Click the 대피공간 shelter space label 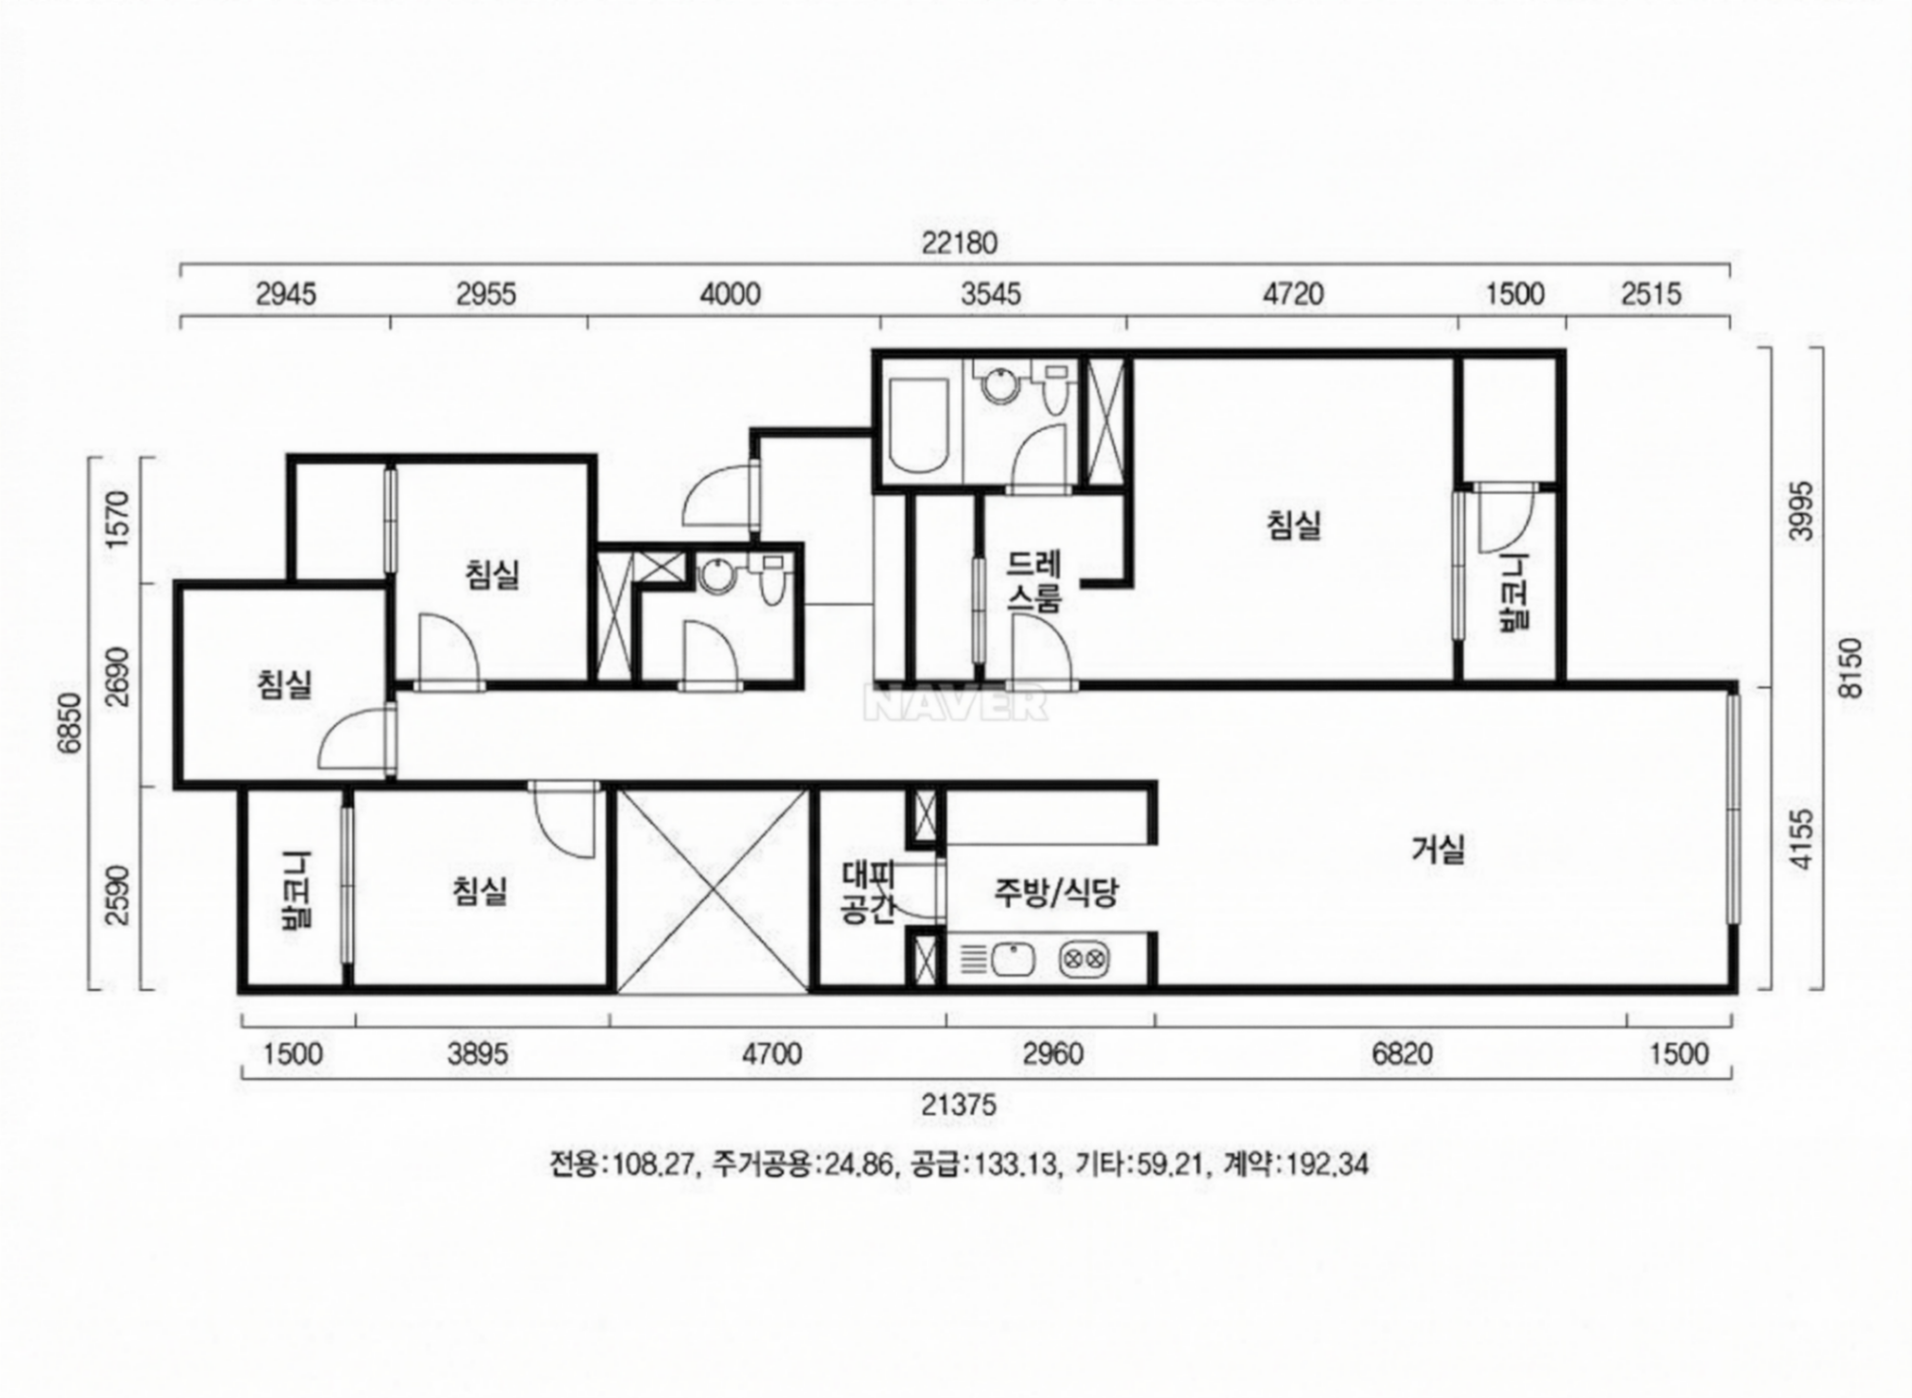(867, 893)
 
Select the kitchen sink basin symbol (1013, 960)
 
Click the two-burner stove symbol (1084, 960)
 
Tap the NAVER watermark (955, 703)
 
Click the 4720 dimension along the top (1293, 295)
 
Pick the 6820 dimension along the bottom (1403, 1054)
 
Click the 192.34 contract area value (1326, 1165)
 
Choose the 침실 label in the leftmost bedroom (284, 684)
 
